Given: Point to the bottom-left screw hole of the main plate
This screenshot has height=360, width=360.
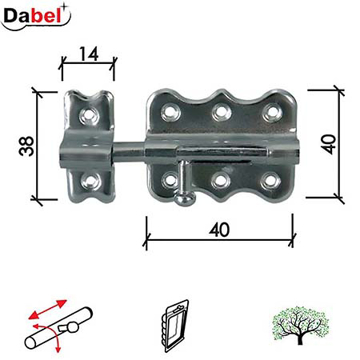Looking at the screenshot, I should point(168,182).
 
